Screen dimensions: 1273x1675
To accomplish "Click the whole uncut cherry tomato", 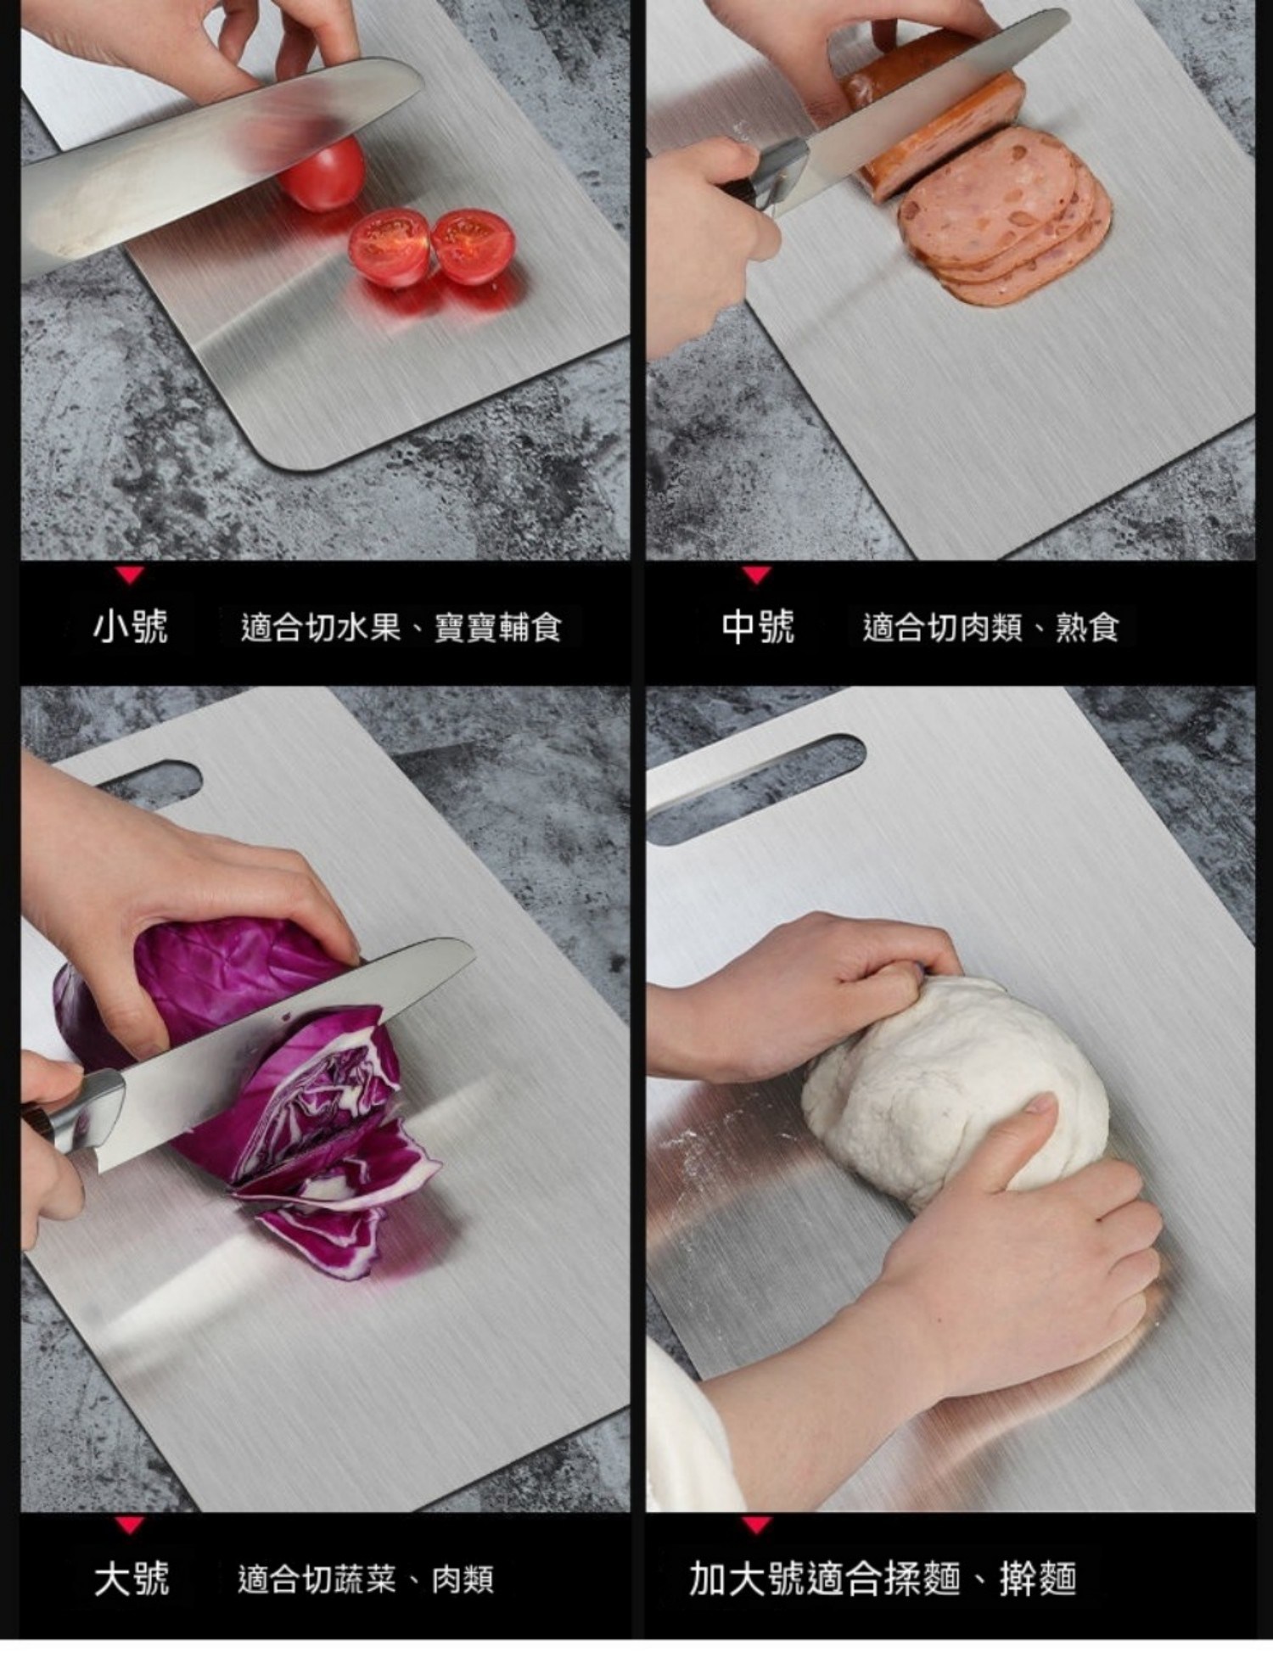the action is click(x=323, y=175).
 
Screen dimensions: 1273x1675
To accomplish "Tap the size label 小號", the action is click(x=131, y=627).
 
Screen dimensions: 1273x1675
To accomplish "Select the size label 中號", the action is click(x=758, y=627).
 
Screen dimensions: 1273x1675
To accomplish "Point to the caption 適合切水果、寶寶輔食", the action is click(x=401, y=628).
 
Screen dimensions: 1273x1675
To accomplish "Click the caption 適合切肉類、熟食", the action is click(x=990, y=628).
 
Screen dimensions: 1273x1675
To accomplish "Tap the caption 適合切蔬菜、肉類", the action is click(x=366, y=1579).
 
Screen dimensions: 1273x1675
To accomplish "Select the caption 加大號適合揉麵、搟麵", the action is click(x=883, y=1578).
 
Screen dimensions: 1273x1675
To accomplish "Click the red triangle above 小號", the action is click(x=130, y=576).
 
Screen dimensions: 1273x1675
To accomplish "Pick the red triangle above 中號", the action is click(x=756, y=576).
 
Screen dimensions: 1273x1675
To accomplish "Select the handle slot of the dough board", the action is click(x=755, y=789).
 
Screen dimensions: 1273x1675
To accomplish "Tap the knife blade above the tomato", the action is click(x=212, y=161).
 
